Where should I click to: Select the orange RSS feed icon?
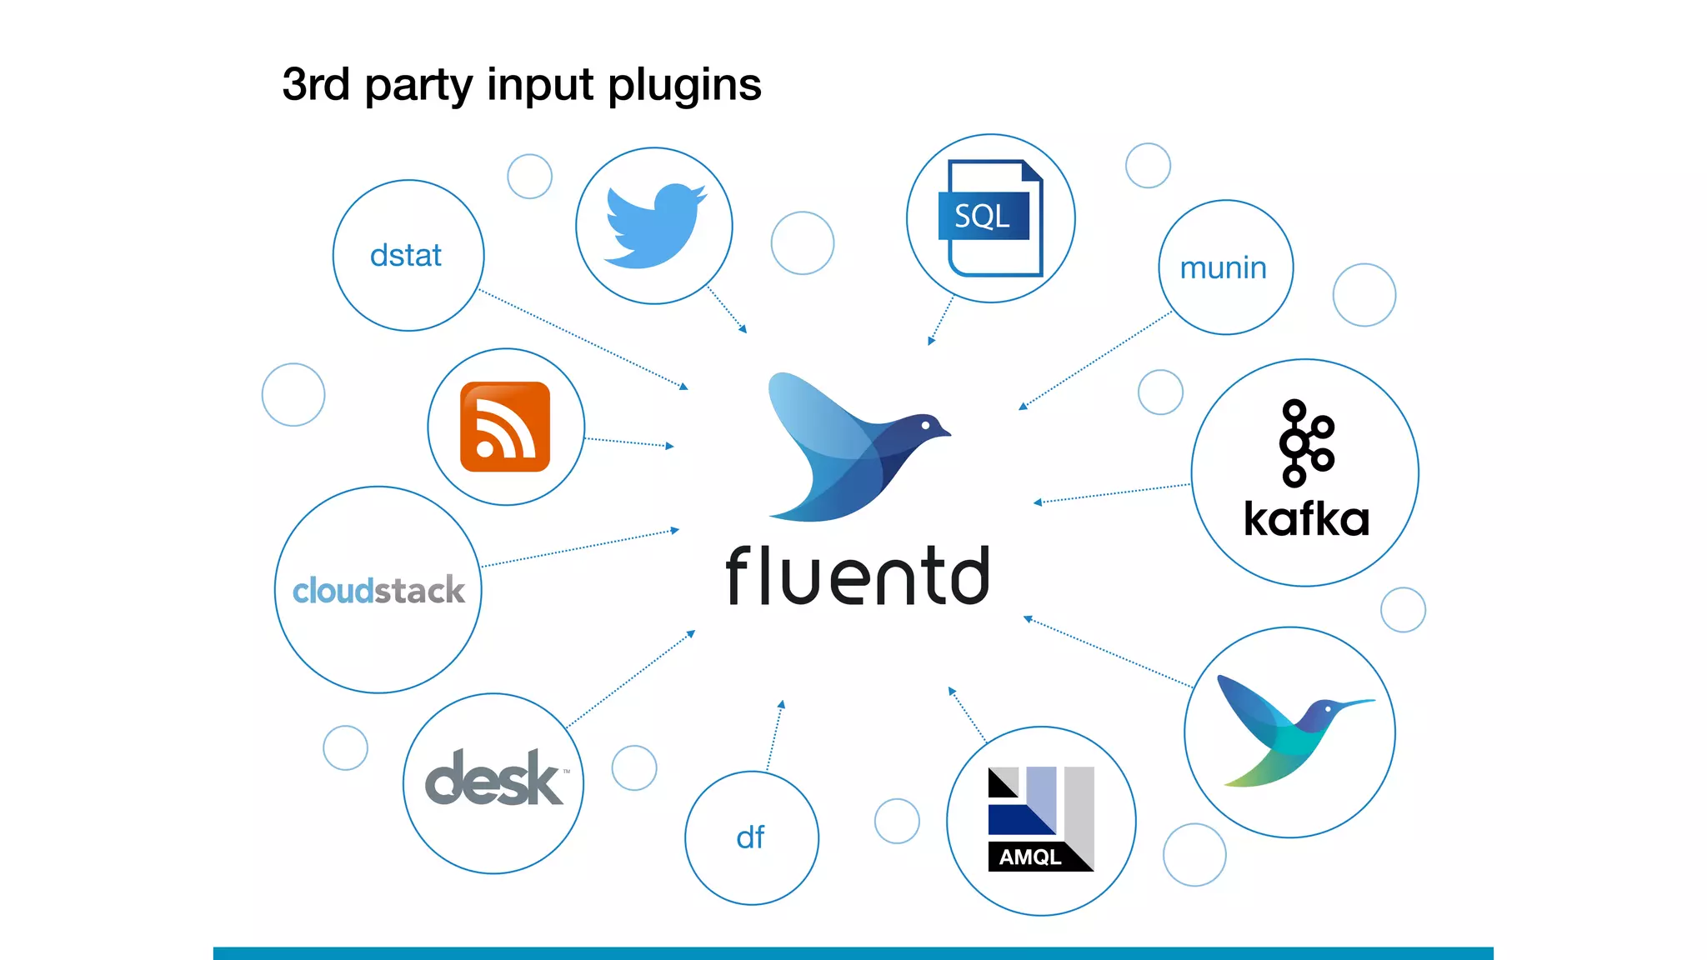[505, 427]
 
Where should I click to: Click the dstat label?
[406, 255]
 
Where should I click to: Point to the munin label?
[1223, 268]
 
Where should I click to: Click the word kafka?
[1306, 519]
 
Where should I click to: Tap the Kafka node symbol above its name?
[1305, 442]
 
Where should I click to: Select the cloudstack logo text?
[378, 590]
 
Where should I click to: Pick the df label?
[750, 837]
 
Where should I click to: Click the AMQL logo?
[1040, 819]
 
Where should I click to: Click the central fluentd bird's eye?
[926, 425]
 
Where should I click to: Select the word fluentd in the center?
[858, 576]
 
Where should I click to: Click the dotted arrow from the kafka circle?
[1113, 493]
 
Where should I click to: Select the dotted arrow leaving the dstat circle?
[583, 339]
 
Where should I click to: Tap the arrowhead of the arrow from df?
[781, 705]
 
